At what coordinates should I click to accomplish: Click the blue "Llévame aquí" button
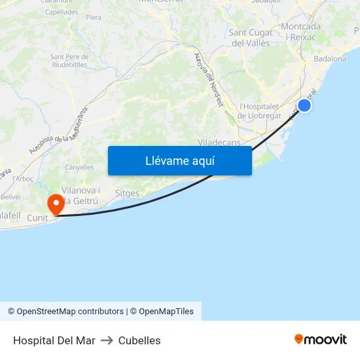click(x=179, y=160)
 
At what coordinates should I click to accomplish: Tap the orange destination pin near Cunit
click(x=56, y=204)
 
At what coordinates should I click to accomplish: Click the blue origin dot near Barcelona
click(x=304, y=105)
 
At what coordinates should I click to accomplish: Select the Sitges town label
click(x=126, y=194)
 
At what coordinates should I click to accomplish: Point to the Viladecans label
click(x=219, y=142)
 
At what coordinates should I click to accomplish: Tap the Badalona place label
click(x=330, y=59)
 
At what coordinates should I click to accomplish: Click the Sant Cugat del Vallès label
click(x=251, y=38)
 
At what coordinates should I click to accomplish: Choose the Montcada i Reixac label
click(x=300, y=31)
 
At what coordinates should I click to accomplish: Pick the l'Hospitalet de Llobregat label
click(x=260, y=111)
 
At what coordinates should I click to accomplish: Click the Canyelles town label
click(x=79, y=168)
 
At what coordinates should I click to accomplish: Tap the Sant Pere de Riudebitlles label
click(x=69, y=61)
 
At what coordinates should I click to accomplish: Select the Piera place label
click(x=94, y=17)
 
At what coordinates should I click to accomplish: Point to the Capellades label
click(x=62, y=12)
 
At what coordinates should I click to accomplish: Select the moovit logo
click(x=321, y=339)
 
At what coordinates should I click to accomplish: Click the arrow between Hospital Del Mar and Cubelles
click(x=107, y=340)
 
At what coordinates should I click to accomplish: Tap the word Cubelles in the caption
click(x=139, y=340)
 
